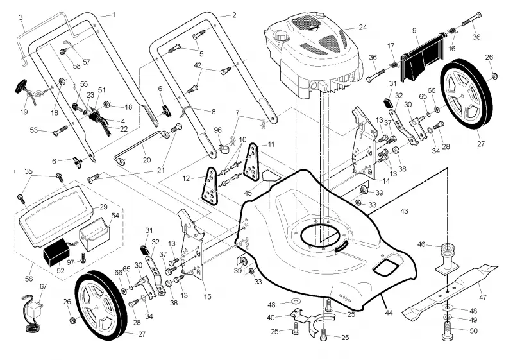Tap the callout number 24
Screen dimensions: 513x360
point(362,27)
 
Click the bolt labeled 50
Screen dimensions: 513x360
point(447,332)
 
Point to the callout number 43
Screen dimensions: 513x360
point(404,211)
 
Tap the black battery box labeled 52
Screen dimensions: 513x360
point(56,252)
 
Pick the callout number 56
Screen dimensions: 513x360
point(29,279)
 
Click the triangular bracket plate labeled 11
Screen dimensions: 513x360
point(252,161)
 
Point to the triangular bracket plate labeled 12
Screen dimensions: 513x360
point(210,185)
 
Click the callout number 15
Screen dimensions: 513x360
point(207,297)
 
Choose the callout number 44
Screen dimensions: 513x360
point(389,313)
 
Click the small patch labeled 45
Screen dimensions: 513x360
point(271,175)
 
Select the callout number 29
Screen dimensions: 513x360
point(103,207)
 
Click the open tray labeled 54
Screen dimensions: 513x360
point(95,232)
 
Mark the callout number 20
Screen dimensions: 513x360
point(147,160)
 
